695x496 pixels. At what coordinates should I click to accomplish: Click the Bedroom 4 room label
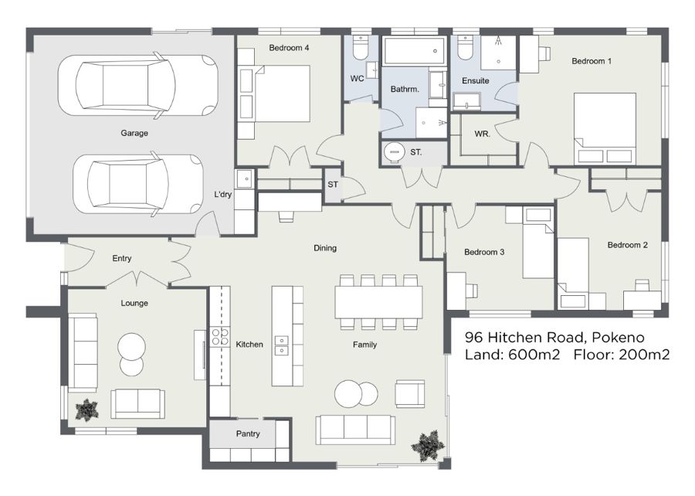(289, 47)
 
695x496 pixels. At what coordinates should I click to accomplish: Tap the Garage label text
(134, 133)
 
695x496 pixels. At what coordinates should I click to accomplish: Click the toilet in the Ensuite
(466, 47)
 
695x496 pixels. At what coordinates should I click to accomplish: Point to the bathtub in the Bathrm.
(414, 51)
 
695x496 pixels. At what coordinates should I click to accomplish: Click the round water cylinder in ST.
(394, 152)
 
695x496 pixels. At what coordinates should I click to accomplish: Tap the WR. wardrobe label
(482, 134)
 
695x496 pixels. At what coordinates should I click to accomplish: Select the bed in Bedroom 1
(605, 128)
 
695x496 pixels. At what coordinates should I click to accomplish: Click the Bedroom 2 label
(627, 245)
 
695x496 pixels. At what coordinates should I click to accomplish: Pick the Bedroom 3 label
(484, 252)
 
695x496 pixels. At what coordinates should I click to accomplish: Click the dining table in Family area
(378, 302)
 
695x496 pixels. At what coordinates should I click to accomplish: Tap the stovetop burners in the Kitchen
(219, 336)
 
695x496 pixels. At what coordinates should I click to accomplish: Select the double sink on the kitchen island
(281, 346)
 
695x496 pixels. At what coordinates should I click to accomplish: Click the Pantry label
(248, 433)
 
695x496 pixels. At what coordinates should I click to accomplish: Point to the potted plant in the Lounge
(86, 409)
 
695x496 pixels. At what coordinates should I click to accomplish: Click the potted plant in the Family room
(428, 446)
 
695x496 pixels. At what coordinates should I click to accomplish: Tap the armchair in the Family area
(411, 393)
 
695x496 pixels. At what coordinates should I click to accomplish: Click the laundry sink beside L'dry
(244, 179)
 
